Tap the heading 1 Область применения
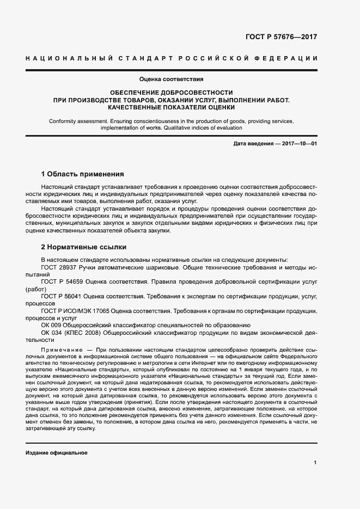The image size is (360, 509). (x=83, y=174)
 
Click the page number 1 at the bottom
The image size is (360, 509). (x=315, y=463)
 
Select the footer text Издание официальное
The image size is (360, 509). (x=57, y=453)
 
